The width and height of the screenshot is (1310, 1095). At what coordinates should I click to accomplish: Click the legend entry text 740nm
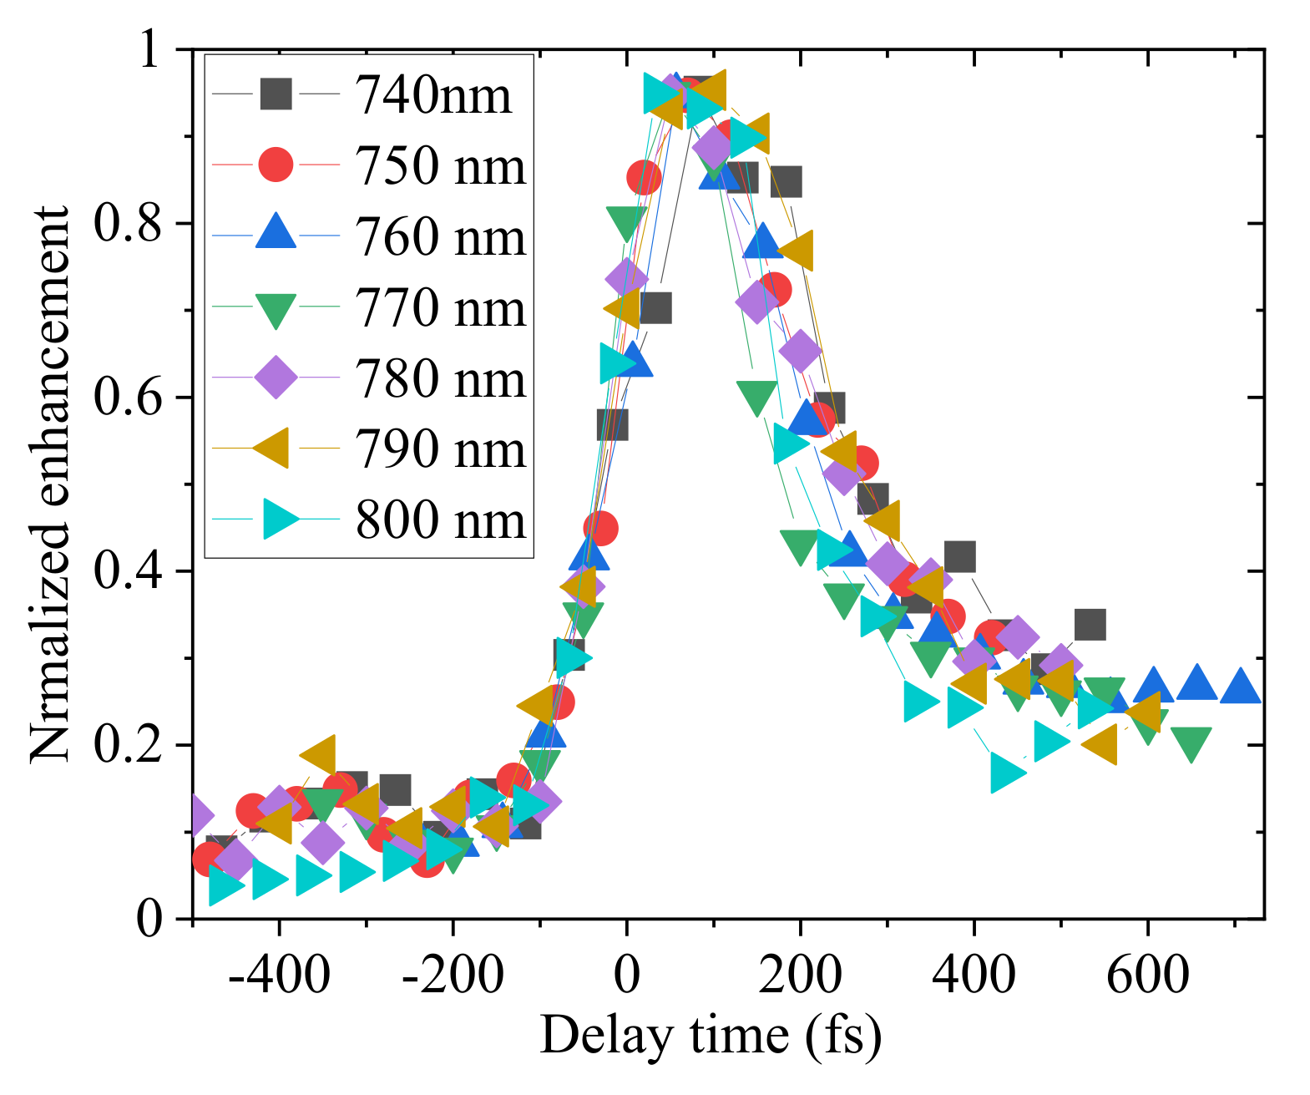(433, 94)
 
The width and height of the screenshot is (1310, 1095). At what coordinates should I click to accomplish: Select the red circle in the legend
(276, 165)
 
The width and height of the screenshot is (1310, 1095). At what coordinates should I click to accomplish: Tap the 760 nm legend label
(441, 236)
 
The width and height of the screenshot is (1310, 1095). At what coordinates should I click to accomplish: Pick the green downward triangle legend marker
(276, 309)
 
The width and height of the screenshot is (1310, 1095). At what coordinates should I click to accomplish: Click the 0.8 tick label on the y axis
(127, 224)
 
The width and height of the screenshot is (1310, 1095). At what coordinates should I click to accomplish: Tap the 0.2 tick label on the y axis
(127, 745)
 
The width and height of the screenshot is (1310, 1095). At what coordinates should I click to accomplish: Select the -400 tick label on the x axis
(279, 974)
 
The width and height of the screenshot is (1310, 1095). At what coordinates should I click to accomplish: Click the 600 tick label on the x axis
(1147, 974)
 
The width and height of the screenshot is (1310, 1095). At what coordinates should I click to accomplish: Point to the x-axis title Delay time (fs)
(711, 1036)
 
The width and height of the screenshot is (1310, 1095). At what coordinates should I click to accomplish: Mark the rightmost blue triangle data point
(1240, 687)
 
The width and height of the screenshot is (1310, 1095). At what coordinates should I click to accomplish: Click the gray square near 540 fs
(1090, 624)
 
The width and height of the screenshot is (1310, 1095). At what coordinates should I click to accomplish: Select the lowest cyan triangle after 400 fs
(1007, 773)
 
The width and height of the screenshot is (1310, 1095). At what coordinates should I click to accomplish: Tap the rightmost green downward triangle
(1191, 743)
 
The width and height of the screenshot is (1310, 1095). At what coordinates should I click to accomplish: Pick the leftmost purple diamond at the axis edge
(197, 815)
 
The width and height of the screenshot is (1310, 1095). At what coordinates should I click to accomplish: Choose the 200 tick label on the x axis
(800, 974)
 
